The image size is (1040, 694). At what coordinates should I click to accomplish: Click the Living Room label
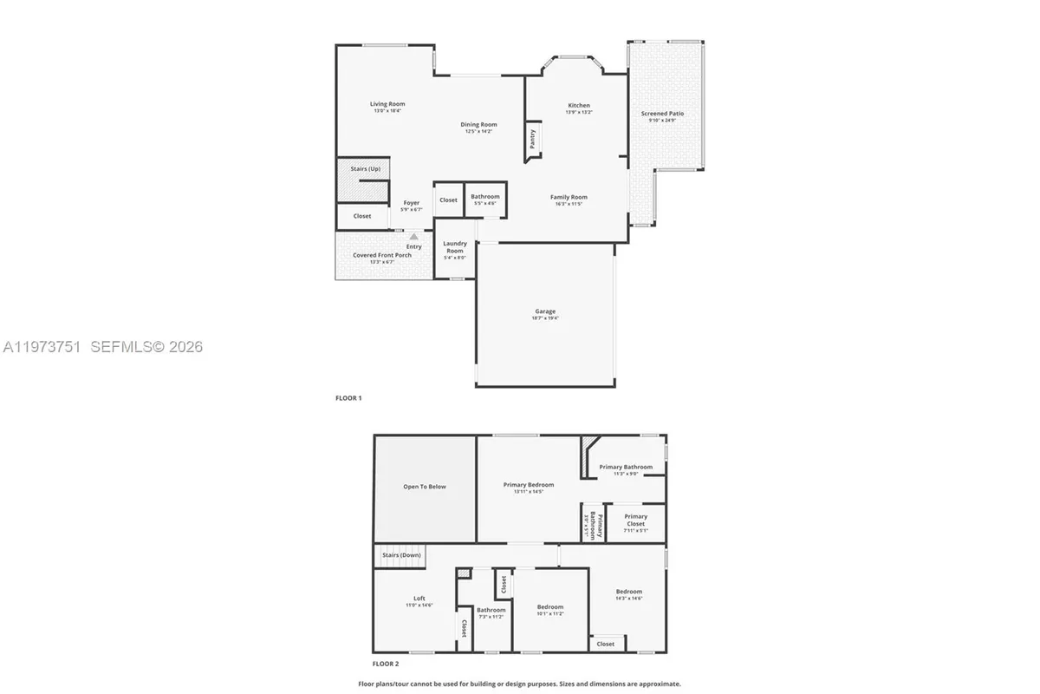pyautogui.click(x=387, y=104)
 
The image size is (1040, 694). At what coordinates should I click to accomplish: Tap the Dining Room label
pyautogui.click(x=478, y=125)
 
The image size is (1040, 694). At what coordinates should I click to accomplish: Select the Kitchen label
pyautogui.click(x=579, y=106)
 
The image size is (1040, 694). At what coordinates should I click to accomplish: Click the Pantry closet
pyautogui.click(x=532, y=139)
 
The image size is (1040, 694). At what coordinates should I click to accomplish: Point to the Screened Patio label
pyautogui.click(x=662, y=114)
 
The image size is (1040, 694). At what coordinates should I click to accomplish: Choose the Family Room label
pyautogui.click(x=569, y=197)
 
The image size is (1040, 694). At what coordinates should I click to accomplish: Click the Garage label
pyautogui.click(x=545, y=311)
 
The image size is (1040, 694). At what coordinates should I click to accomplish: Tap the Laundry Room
pyautogui.click(x=455, y=248)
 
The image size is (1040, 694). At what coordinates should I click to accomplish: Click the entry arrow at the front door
pyautogui.click(x=413, y=236)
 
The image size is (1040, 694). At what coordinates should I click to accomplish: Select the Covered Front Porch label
pyautogui.click(x=382, y=255)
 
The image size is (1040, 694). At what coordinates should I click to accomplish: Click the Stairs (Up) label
pyautogui.click(x=365, y=168)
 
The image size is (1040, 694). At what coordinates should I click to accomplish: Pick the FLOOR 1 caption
pyautogui.click(x=348, y=398)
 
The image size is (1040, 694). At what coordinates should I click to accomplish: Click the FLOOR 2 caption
pyautogui.click(x=386, y=664)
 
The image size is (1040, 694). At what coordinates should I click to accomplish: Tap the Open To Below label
pyautogui.click(x=425, y=487)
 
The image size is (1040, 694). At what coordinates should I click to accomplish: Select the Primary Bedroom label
pyautogui.click(x=529, y=485)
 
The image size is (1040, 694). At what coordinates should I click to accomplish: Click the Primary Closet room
pyautogui.click(x=635, y=521)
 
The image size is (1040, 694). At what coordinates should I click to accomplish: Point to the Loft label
pyautogui.click(x=419, y=598)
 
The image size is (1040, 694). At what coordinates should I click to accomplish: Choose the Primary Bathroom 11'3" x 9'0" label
pyautogui.click(x=626, y=467)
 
